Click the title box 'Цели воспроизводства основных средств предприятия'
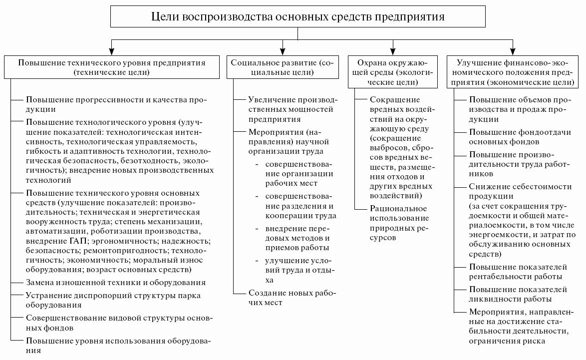pos(297,17)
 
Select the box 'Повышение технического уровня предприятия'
pos(112,67)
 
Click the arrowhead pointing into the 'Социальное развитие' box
pos(283,50)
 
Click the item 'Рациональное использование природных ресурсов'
pos(399,223)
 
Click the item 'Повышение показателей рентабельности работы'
pos(517,271)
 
